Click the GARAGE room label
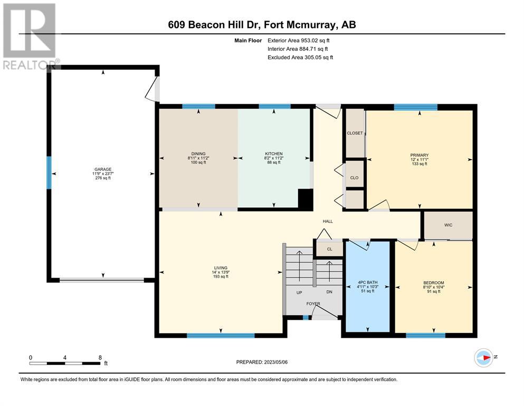[x=103, y=169]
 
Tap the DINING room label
[x=198, y=154]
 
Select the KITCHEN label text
[x=274, y=154]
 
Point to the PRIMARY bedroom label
[x=420, y=155]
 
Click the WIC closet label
[x=448, y=225]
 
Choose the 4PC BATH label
[x=368, y=282]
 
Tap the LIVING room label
[x=221, y=268]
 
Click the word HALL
[x=328, y=222]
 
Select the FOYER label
[x=313, y=304]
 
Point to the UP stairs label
[x=299, y=292]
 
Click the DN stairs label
[x=329, y=292]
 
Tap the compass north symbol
[x=484, y=358]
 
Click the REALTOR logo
[x=31, y=36]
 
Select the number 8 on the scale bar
[x=100, y=357]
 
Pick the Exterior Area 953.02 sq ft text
[x=299, y=41]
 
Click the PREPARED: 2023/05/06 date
[x=262, y=362]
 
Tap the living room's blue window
[x=221, y=335]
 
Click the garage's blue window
[x=49, y=173]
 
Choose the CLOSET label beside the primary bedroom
[x=355, y=133]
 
